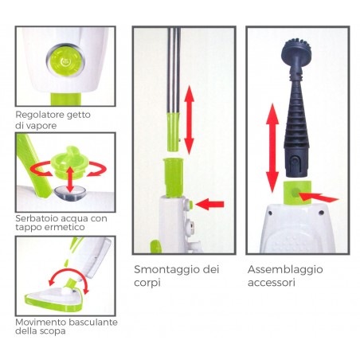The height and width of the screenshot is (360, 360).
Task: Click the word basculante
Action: coord(93,322)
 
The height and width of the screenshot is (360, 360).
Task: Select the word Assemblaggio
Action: coord(284,269)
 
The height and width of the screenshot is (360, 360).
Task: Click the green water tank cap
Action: coord(62,156)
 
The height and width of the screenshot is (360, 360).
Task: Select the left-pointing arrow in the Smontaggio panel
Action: coord(209,204)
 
